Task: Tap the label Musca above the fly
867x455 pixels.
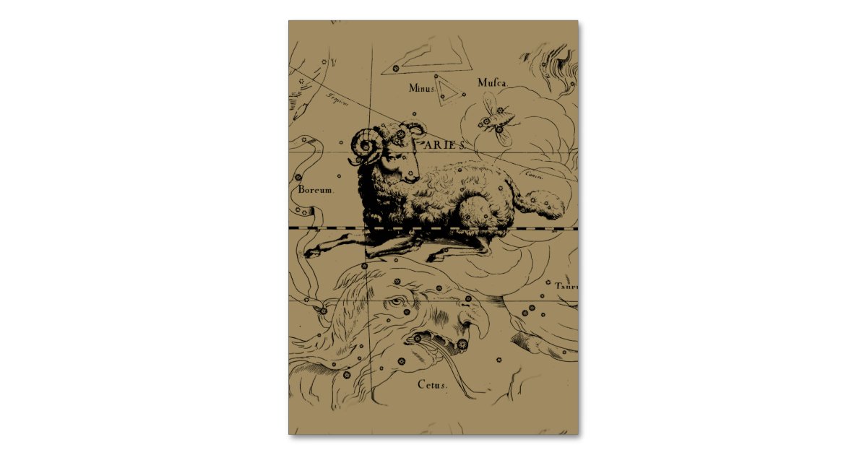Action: pos(493,82)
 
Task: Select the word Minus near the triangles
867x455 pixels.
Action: pos(423,89)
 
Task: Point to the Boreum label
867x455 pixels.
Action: pos(315,190)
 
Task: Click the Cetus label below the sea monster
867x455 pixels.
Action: pos(433,385)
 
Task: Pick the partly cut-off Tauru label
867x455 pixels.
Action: pos(566,286)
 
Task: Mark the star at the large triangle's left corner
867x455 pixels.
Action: pos(395,69)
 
